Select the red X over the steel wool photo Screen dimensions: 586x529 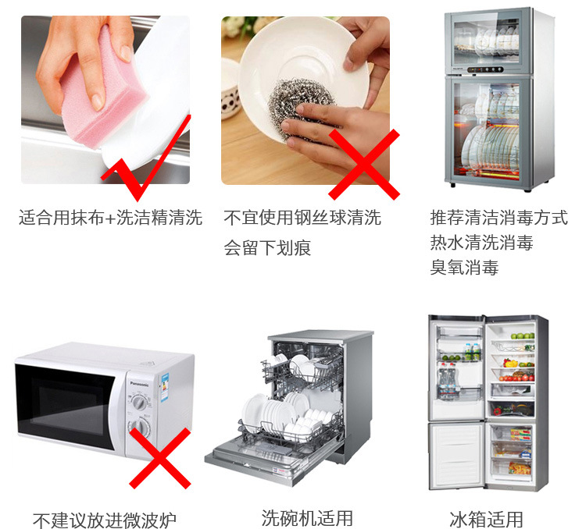364,165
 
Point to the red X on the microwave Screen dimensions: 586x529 160,458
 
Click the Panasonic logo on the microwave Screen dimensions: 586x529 139,384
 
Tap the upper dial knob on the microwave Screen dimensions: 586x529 139,402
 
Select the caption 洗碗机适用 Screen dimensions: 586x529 307,518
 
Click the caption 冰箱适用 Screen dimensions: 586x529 486,520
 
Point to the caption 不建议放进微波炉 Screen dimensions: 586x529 104,520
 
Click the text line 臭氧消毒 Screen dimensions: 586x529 464,268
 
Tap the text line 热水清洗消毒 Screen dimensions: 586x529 481,243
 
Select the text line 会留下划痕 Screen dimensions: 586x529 267,247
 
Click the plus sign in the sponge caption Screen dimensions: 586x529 110,218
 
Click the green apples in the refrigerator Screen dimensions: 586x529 523,336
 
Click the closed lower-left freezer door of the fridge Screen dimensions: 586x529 456,456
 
